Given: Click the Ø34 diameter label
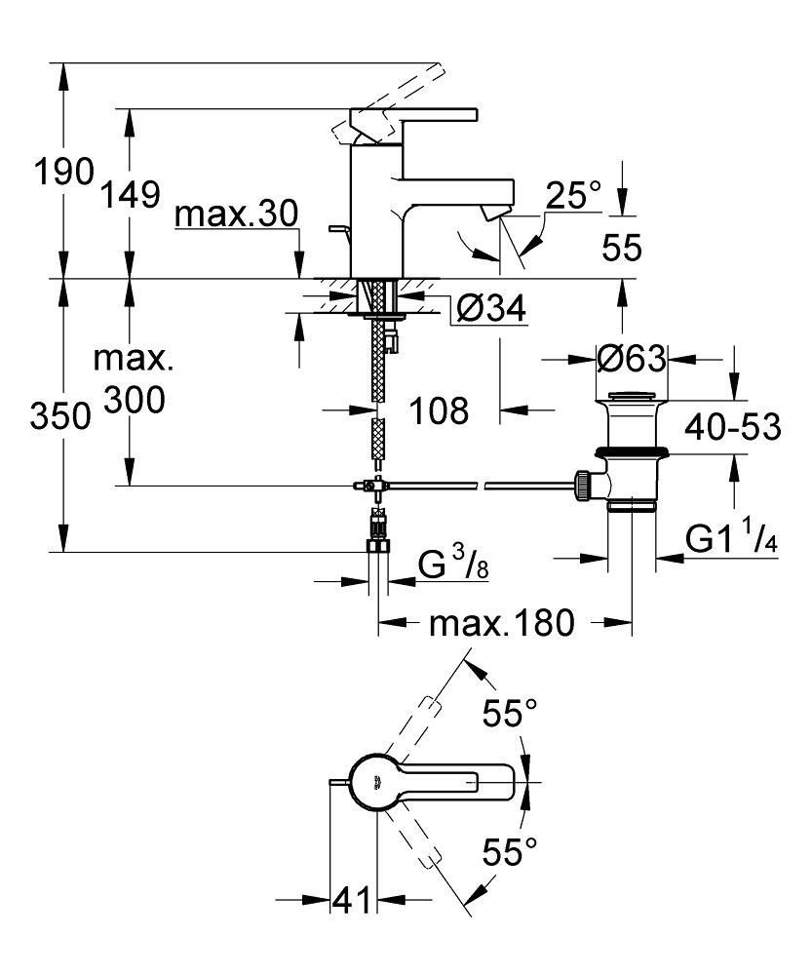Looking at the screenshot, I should click(490, 309).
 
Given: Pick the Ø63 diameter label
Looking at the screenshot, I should click(631, 359).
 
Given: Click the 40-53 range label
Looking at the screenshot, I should click(732, 426).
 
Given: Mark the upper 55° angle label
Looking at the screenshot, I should click(511, 715).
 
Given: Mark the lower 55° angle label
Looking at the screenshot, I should click(511, 854).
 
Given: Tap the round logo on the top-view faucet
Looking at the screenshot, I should click(377, 779).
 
